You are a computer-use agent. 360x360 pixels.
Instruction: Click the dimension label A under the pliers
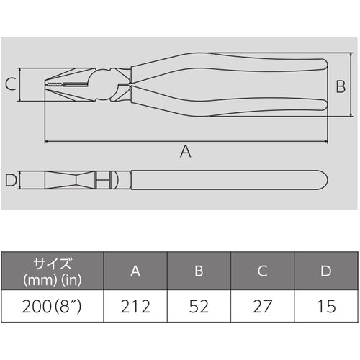185,151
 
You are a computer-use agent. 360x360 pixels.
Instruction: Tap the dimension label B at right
341,86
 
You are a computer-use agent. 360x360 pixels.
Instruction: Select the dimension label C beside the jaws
10,85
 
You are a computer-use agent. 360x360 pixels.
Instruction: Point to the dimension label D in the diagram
10,179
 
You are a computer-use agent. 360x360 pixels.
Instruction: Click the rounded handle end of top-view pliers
322,179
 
